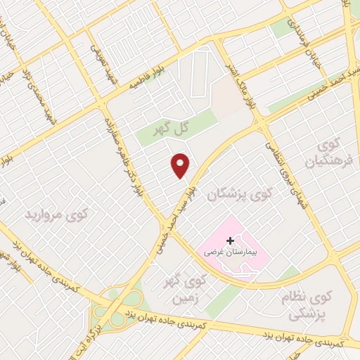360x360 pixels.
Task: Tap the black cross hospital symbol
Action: (230, 240)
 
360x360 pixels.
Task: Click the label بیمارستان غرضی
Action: (231, 251)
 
